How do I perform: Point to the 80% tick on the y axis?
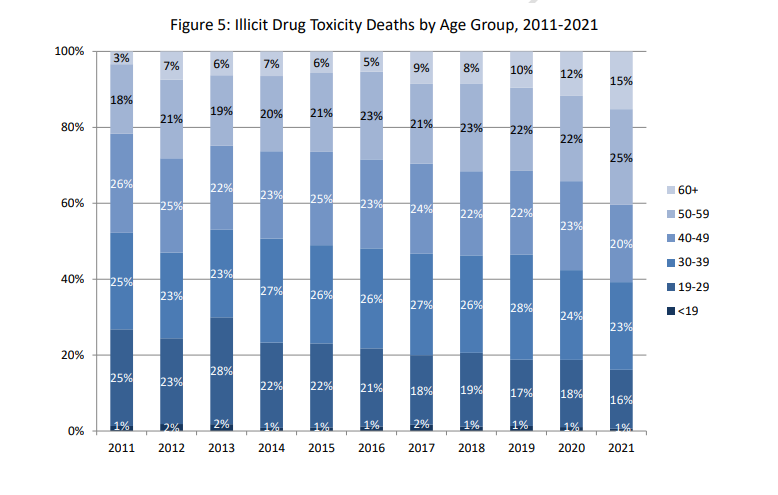click(73, 127)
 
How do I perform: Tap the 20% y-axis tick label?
click(73, 355)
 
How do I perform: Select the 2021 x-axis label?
click(622, 450)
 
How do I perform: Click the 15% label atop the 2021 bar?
click(622, 80)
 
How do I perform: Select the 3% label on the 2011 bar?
click(121, 58)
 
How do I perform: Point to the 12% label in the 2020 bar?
click(571, 74)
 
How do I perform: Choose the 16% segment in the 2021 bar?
click(622, 400)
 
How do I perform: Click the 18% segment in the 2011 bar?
click(121, 100)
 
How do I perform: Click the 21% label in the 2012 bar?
click(172, 119)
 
